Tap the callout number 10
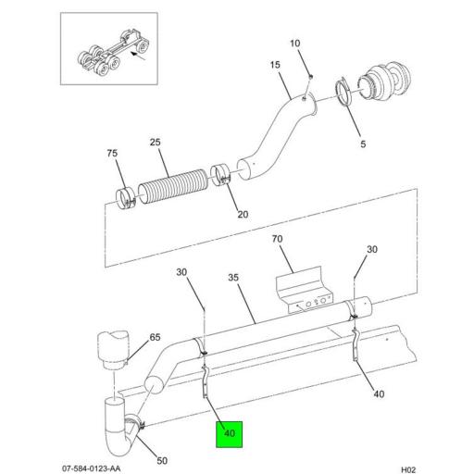click(x=295, y=44)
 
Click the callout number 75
click(x=112, y=153)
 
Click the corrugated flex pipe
click(x=173, y=184)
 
